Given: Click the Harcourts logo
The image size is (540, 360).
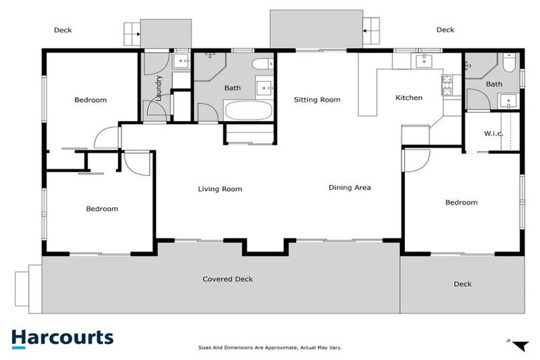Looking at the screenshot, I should [62, 337].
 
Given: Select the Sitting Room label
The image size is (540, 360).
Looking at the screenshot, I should [316, 100].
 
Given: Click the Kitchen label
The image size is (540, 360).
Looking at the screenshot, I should [409, 98].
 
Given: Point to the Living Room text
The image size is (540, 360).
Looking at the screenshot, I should [219, 188].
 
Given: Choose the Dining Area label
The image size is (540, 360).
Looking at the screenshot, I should [349, 188].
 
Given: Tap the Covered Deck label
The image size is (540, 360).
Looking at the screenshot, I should [227, 279].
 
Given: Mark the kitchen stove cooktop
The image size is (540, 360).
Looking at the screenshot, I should [447, 84].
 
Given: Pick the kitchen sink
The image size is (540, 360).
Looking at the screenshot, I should [425, 62].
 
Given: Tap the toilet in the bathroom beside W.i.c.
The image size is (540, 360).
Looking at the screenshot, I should [509, 66].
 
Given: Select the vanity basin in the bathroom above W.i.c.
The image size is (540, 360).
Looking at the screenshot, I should [508, 101].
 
